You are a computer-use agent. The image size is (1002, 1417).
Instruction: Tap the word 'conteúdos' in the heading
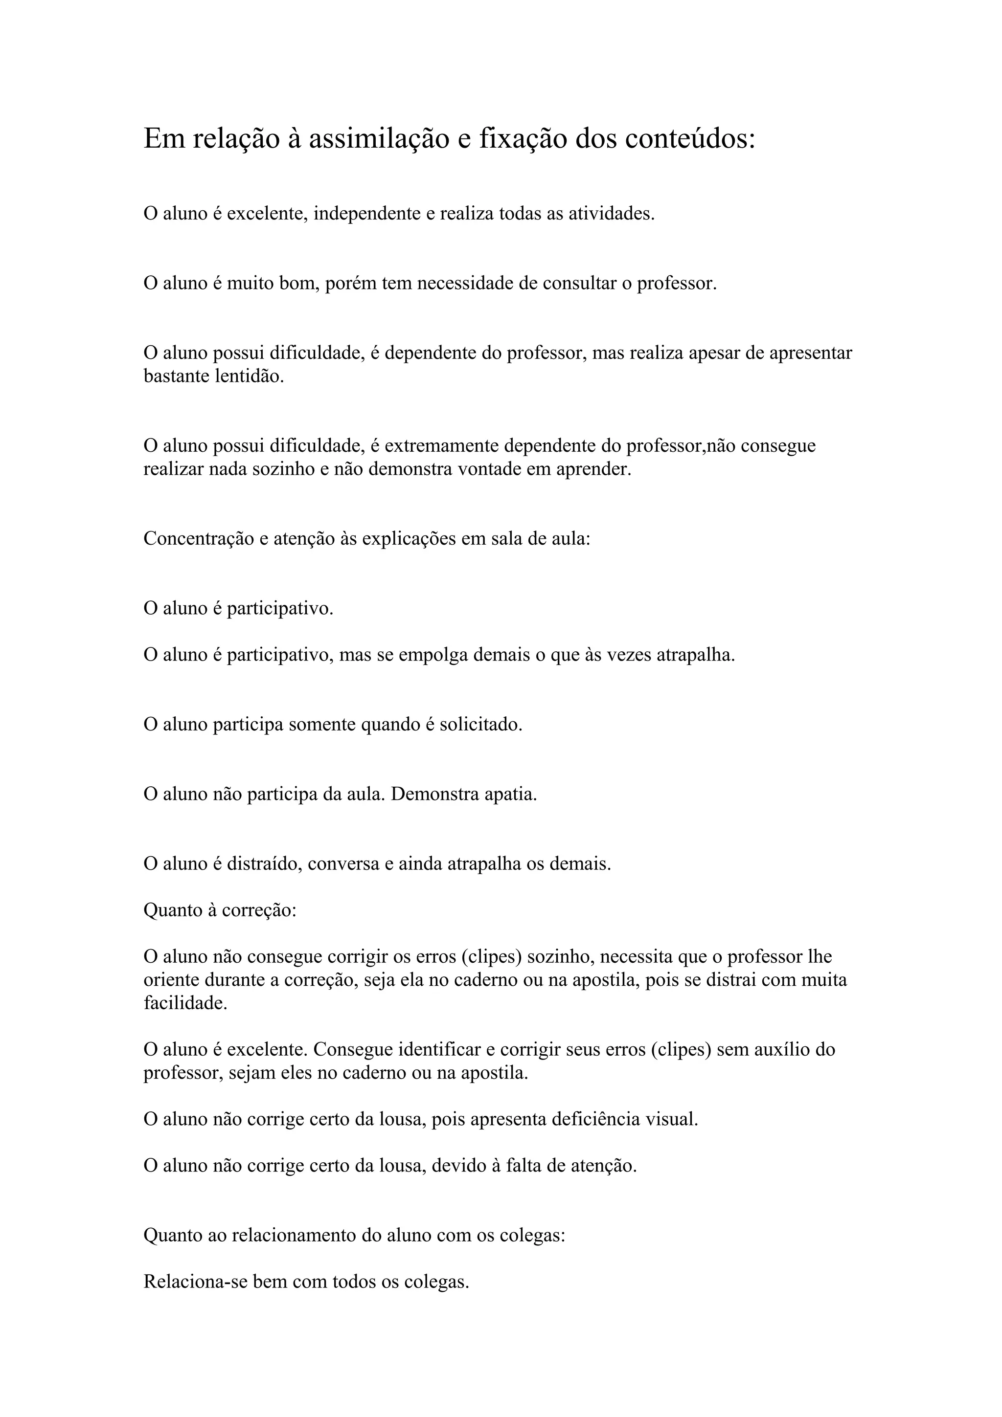689,139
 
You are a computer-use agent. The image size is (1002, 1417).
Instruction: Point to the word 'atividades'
611,214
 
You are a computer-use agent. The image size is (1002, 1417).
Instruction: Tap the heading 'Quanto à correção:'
220,910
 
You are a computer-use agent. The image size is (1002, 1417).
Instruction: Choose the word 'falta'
520,1166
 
